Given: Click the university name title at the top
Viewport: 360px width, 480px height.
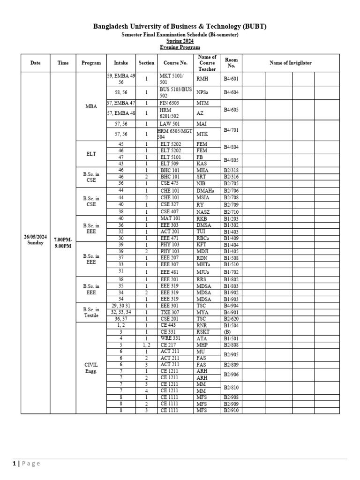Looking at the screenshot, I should coord(180,26).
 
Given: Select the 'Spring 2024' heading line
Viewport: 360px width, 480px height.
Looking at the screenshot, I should coord(180,41).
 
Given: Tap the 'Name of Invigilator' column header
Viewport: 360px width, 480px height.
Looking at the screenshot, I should coord(290,63).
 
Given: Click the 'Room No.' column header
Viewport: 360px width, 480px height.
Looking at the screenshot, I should coord(231,63).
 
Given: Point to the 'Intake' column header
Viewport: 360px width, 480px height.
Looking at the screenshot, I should coord(120,63).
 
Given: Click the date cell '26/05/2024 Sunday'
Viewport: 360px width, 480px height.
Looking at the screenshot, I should coord(35,240).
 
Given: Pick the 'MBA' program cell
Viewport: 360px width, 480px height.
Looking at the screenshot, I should coord(91,106).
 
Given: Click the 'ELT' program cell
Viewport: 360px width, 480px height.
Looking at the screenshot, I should coord(91,153).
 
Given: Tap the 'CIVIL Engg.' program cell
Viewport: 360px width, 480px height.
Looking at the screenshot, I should coord(91,367).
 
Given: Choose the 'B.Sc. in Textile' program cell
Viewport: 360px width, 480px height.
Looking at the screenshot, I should coord(91,312).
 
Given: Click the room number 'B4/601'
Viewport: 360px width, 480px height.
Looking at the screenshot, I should coord(231,79).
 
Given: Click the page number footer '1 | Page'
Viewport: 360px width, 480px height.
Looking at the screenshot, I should coord(27,464).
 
